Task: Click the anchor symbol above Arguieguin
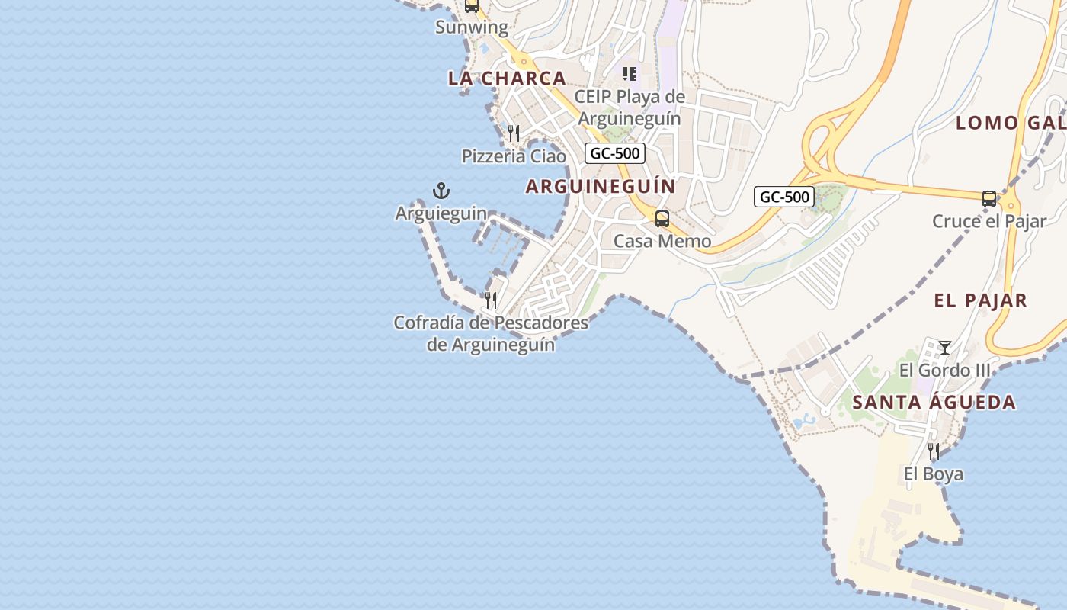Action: [x=441, y=191]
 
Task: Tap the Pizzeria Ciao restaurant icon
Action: [x=514, y=134]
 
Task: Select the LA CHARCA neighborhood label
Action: [x=507, y=78]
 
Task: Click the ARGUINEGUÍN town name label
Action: [x=601, y=186]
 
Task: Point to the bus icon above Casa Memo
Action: [x=662, y=219]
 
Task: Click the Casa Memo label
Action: [x=662, y=242]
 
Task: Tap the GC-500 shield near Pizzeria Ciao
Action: [x=616, y=153]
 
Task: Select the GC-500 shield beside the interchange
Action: [x=784, y=197]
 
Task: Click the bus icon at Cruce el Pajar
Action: [x=989, y=199]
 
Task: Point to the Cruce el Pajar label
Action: [x=989, y=222]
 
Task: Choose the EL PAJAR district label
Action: [x=981, y=300]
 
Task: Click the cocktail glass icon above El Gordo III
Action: [x=945, y=348]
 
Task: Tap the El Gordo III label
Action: [x=945, y=371]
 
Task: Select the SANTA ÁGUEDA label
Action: [x=934, y=403]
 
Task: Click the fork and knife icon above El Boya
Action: [x=934, y=451]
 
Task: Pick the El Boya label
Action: [x=934, y=474]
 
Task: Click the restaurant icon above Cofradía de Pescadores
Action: [x=491, y=300]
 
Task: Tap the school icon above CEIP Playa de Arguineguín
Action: [x=630, y=74]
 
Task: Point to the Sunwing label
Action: [x=472, y=27]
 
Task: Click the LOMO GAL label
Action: [x=1010, y=122]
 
